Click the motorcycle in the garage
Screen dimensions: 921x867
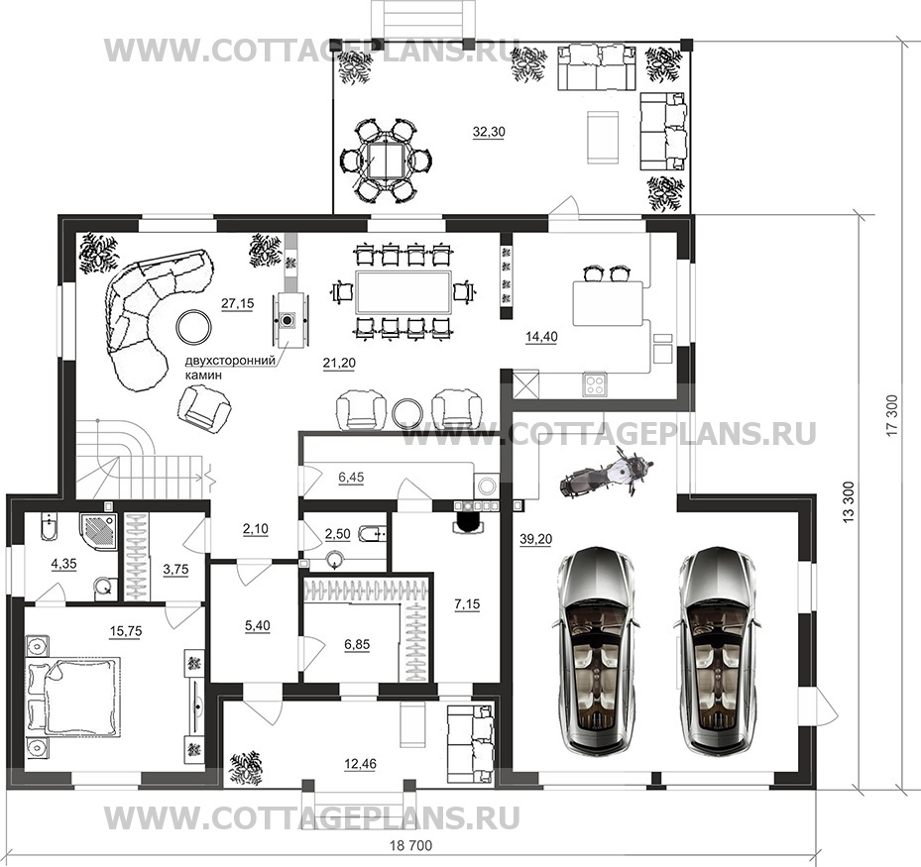pos(606,471)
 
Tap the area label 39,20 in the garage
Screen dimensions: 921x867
pos(535,539)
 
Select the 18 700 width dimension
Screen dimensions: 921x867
pos(410,846)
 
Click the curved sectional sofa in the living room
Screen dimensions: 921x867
pos(154,317)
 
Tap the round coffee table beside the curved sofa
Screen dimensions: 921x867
pos(194,326)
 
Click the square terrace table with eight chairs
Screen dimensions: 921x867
pos(385,160)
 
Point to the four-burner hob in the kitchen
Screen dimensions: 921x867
pos(595,383)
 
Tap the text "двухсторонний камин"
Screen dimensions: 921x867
pos(230,368)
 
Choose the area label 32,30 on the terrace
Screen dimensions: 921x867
pos(489,132)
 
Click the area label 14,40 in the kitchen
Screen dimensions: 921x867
pos(541,337)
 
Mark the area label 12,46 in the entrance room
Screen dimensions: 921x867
pos(360,764)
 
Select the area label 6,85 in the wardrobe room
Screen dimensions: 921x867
pos(357,644)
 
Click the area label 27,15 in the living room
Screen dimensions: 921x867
pos(237,303)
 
